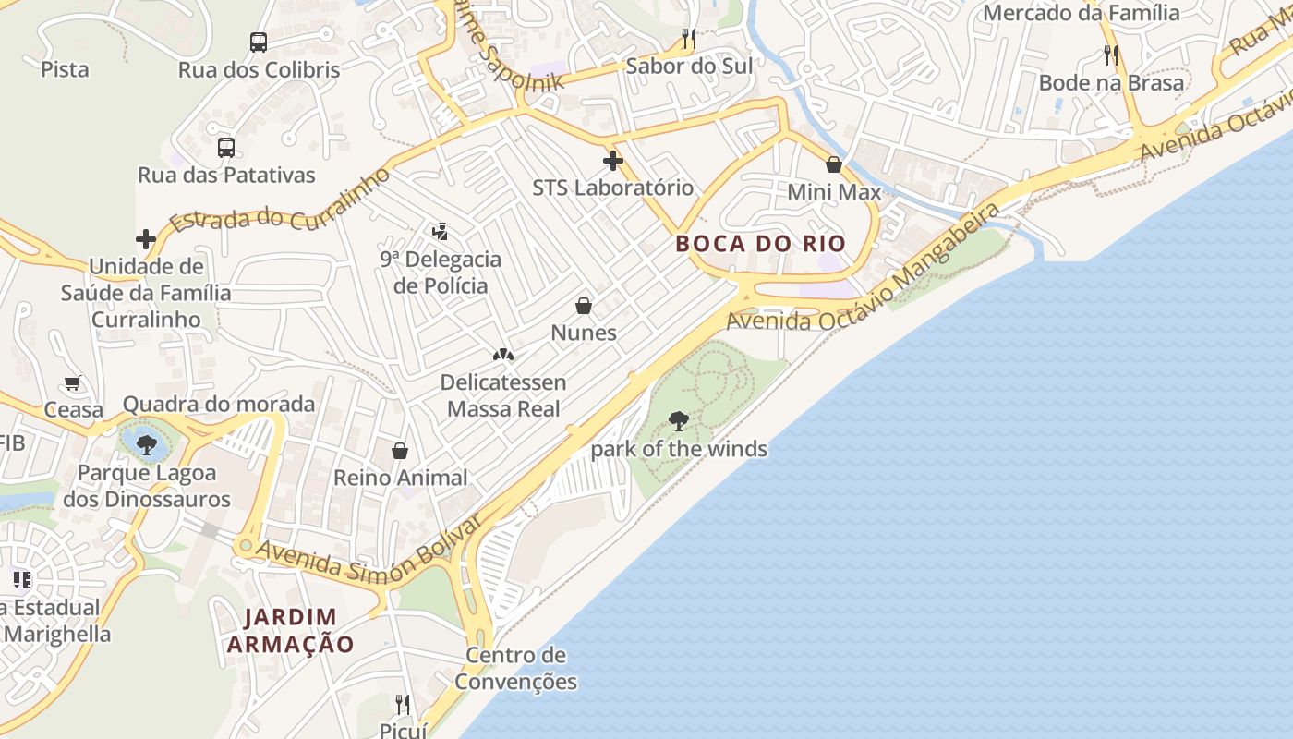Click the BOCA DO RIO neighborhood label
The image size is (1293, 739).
760,244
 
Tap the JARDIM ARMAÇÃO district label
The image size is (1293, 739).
290,630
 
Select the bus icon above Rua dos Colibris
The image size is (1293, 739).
259,42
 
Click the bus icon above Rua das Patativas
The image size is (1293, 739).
226,148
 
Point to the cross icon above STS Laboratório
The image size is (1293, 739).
612,162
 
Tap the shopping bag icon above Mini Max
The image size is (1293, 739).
834,165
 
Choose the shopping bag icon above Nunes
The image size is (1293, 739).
584,306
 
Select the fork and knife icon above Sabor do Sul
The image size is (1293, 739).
688,39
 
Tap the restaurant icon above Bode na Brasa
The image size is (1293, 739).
1111,55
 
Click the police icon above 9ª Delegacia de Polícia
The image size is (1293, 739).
441,232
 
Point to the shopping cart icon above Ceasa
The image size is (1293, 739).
73,382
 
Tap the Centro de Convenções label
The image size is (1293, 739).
515,669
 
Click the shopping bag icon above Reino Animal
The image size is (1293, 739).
400,451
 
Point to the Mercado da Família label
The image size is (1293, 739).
1081,13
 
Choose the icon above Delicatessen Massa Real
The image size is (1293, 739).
502,355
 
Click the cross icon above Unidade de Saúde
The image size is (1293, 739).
146,240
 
